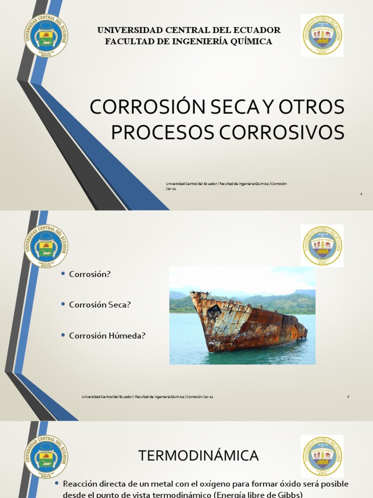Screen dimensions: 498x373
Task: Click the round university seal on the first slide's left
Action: tap(46, 36)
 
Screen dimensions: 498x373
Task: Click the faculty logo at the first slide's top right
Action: tap(322, 35)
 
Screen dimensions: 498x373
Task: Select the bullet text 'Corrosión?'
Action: tap(90, 274)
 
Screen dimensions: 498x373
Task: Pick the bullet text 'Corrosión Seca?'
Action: tap(100, 304)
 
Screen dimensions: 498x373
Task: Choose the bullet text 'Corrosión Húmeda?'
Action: tap(107, 335)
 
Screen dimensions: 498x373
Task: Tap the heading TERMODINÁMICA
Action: tap(199, 456)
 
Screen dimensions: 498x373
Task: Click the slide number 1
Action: tap(361, 194)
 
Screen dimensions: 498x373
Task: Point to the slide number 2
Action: tap(348, 396)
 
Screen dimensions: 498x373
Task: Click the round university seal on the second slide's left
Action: tap(46, 246)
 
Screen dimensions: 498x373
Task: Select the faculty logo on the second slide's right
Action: tap(322, 246)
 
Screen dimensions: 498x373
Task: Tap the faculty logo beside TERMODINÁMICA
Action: tap(322, 456)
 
